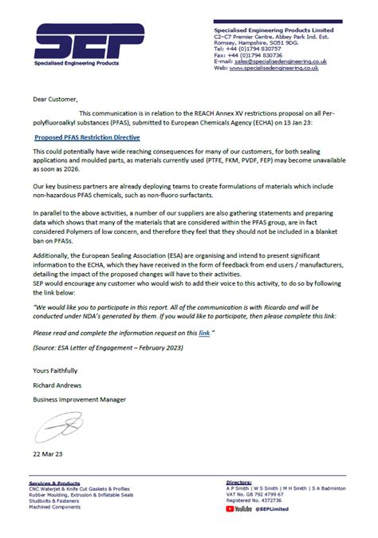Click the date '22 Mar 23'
click(47, 453)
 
